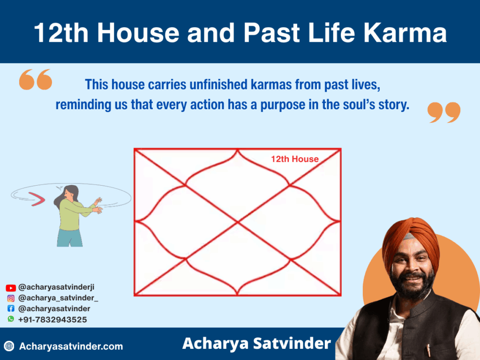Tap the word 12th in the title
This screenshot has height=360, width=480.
click(61, 32)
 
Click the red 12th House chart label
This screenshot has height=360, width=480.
click(295, 159)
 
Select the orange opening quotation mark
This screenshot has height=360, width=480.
click(36, 79)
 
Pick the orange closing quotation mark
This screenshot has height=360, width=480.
click(444, 112)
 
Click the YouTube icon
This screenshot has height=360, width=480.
click(11, 288)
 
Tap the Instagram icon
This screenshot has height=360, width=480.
click(11, 298)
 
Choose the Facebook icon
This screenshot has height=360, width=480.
click(11, 308)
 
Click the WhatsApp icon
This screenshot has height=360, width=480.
click(11, 319)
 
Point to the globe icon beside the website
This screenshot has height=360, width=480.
click(9, 346)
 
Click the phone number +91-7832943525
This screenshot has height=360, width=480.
click(52, 320)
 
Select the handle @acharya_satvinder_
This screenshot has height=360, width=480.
click(58, 298)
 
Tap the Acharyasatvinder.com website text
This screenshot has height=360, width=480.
click(71, 346)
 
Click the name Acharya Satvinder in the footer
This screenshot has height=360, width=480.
click(256, 344)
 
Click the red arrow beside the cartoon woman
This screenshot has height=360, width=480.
click(37, 199)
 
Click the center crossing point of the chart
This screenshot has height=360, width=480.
click(238, 222)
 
